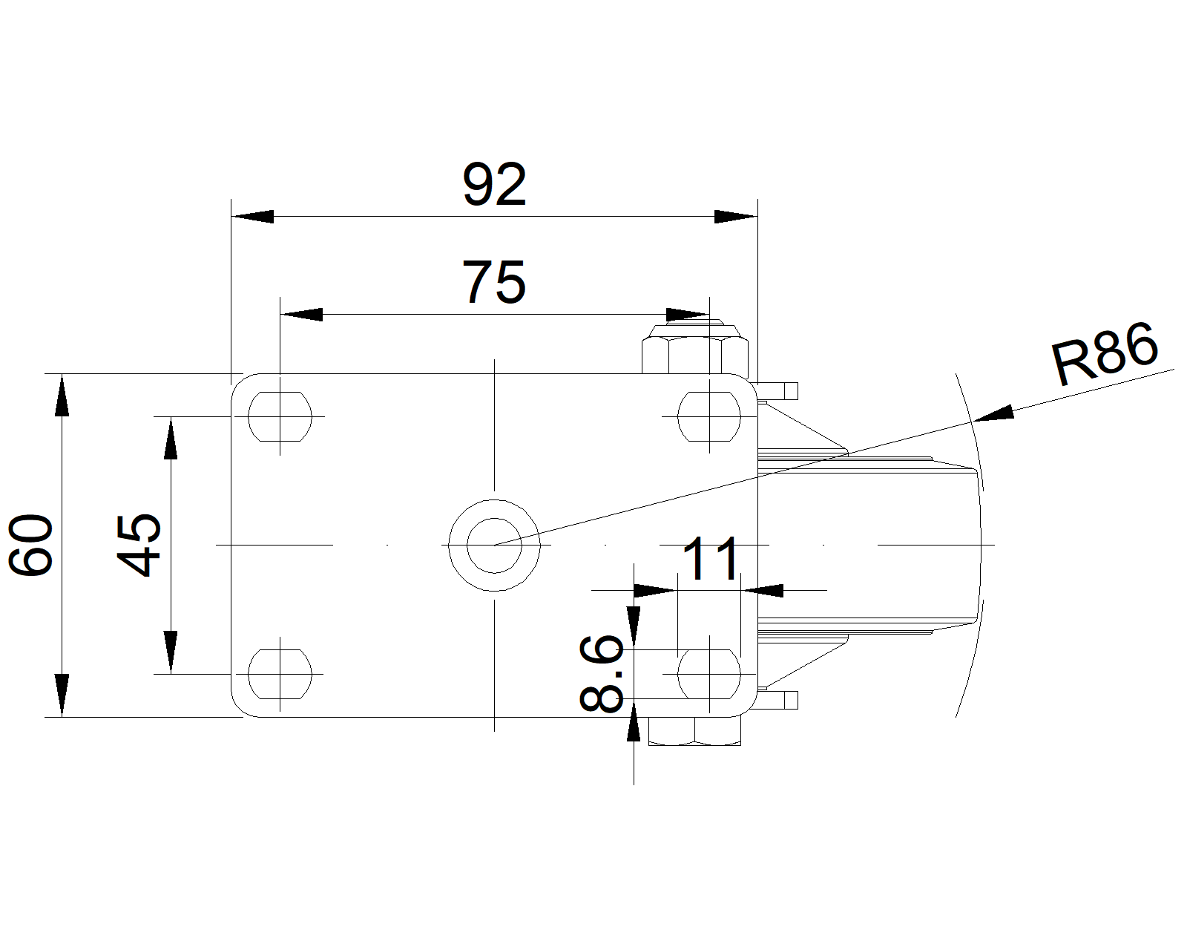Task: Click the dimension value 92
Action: [x=494, y=185]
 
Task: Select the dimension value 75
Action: [x=494, y=283]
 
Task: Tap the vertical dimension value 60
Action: [x=31, y=545]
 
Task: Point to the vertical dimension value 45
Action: [x=139, y=545]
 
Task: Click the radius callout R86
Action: [x=1104, y=353]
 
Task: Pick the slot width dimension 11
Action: [x=711, y=559]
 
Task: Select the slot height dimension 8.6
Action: [x=601, y=673]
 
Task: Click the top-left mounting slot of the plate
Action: [x=280, y=417]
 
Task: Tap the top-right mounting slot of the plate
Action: [x=709, y=417]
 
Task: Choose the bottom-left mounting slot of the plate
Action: [x=280, y=674]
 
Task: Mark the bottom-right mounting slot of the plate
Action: [x=709, y=674]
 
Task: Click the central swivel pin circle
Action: [x=494, y=546]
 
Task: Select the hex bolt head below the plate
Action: [x=694, y=731]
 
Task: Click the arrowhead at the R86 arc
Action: [x=993, y=413]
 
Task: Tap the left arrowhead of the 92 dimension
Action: [x=253, y=217]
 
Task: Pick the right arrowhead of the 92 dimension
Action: [x=736, y=217]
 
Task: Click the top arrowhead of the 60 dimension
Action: [x=62, y=396]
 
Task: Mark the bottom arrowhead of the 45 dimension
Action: [x=171, y=652]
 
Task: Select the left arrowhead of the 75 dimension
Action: [x=302, y=315]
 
